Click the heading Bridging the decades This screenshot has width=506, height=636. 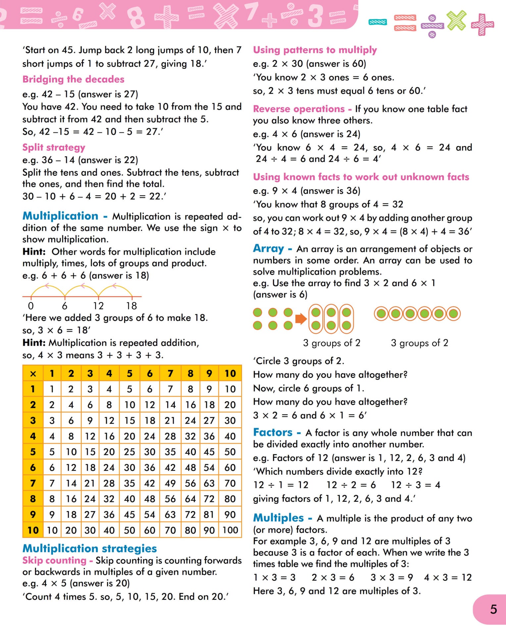click(73, 79)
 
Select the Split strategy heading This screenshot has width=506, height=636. click(54, 147)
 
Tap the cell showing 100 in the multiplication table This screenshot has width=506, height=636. click(230, 530)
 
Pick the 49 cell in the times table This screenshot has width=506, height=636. click(170, 483)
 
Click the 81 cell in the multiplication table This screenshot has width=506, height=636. click(209, 514)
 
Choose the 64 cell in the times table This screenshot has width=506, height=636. click(190, 499)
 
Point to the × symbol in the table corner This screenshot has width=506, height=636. click(33, 374)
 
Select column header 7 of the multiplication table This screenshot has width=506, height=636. click(170, 374)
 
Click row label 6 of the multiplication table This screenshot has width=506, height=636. click(33, 467)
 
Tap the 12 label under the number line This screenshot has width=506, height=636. click(98, 306)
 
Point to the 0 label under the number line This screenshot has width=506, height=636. click(31, 306)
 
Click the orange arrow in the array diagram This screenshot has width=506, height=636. click(301, 319)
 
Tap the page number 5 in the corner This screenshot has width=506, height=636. click(493, 609)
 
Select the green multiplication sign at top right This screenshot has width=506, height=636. click(456, 20)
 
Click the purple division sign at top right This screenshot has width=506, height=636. click(432, 26)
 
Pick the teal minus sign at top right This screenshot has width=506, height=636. click(378, 22)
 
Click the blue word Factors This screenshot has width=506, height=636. click(273, 432)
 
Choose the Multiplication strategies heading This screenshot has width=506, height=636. click(89, 549)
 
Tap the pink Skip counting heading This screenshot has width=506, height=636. click(54, 560)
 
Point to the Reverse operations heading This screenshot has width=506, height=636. click(299, 109)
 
